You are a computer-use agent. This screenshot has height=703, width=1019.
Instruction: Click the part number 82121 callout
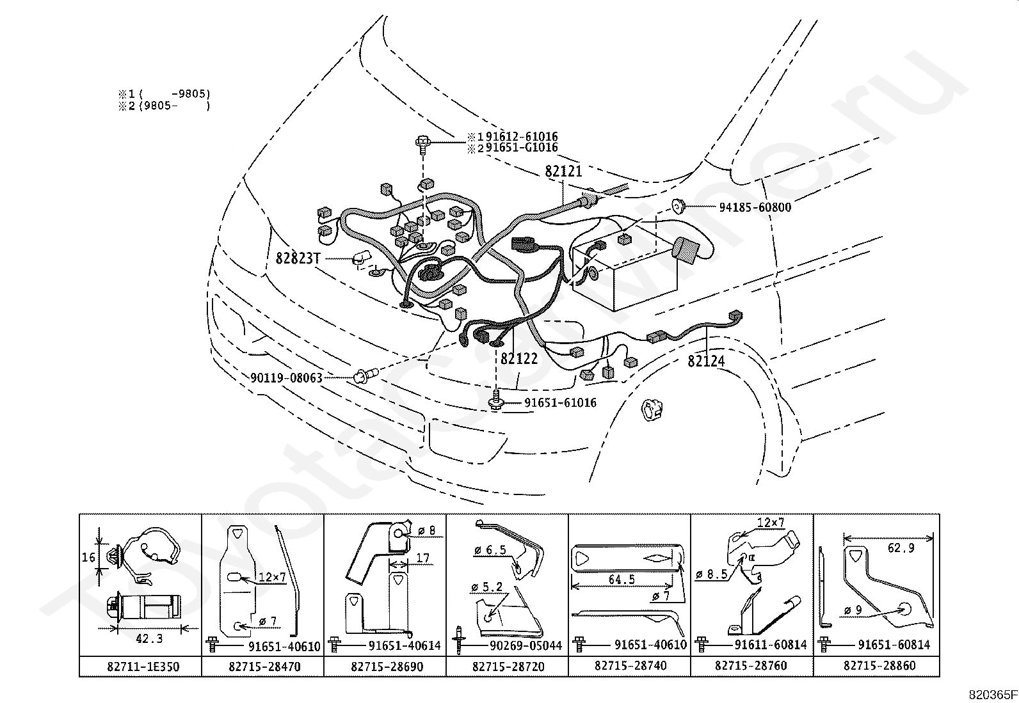point(563,171)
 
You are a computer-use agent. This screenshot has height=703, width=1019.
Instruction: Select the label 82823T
point(298,258)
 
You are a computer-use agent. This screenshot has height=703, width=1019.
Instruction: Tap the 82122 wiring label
point(519,359)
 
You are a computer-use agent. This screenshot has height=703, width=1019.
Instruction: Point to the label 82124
point(706,361)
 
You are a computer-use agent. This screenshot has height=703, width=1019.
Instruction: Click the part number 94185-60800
point(755,207)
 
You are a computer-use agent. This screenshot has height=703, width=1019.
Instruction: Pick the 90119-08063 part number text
point(286,378)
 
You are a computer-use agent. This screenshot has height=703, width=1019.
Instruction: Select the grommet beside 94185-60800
point(678,205)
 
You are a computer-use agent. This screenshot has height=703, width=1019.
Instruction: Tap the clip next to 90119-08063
point(365,375)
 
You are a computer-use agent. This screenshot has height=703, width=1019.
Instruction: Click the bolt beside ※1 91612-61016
point(423,143)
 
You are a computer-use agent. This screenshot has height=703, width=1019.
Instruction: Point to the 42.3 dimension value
point(149,639)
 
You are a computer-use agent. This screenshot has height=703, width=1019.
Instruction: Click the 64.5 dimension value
point(622,580)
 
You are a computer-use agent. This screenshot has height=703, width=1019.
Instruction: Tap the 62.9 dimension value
point(901,548)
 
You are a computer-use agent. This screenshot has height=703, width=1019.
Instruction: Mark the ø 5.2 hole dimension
point(486,587)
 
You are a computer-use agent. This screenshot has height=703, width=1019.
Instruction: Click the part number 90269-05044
point(526,645)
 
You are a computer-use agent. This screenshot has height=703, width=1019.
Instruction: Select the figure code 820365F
point(993,695)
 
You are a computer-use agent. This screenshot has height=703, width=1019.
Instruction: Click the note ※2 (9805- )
point(164,106)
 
